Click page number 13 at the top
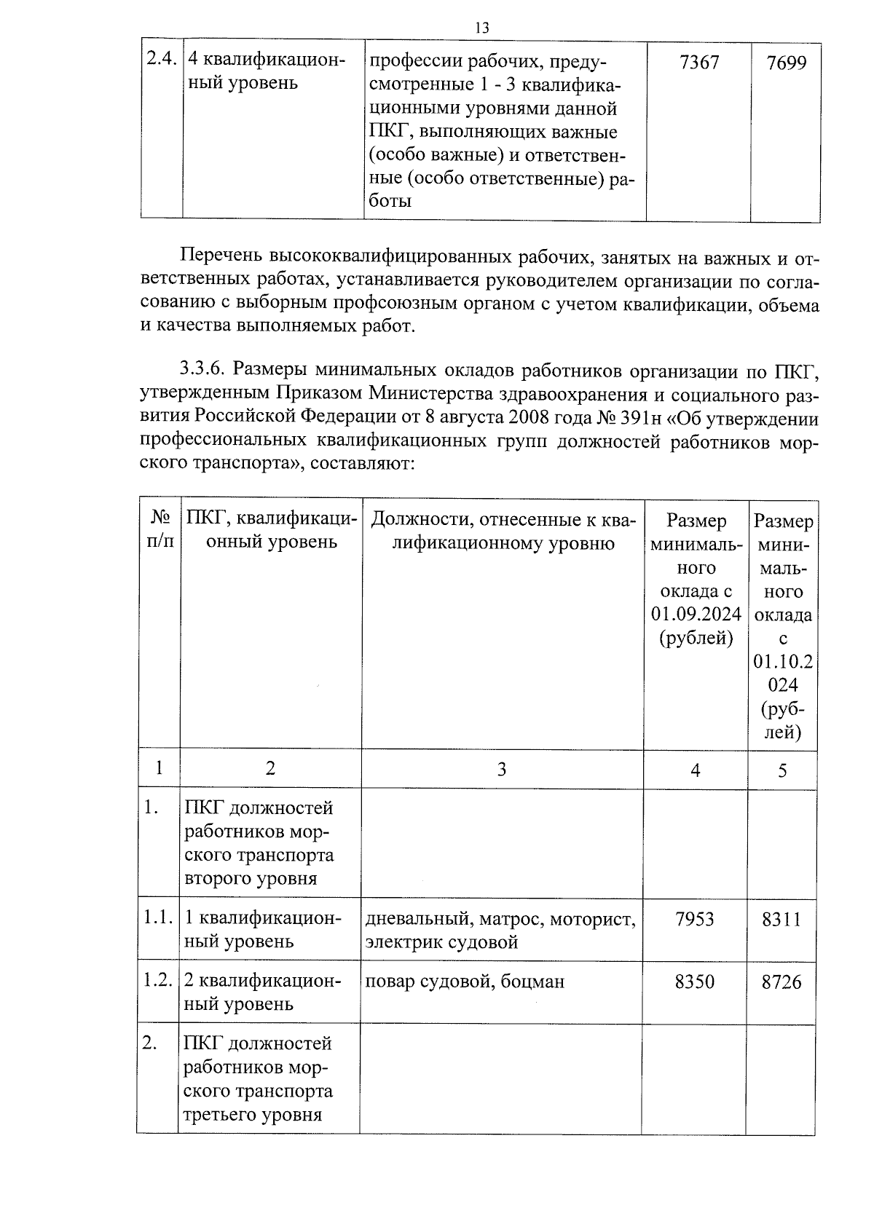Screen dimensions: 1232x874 (481, 28)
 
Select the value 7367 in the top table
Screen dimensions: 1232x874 (698, 63)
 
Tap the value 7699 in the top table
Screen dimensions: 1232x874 (787, 63)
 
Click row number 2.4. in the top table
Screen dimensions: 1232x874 (161, 60)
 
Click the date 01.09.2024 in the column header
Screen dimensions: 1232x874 (696, 614)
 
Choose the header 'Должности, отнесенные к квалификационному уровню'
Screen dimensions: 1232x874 (503, 531)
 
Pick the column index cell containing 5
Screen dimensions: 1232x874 (782, 770)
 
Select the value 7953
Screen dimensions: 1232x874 (695, 919)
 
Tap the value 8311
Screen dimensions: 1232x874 (782, 920)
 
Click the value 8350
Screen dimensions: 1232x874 (695, 982)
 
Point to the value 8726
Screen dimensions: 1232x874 (782, 982)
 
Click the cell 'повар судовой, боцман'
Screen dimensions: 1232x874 (465, 982)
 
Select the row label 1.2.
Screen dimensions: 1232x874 (158, 980)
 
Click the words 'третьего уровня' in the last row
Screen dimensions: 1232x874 (252, 1115)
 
